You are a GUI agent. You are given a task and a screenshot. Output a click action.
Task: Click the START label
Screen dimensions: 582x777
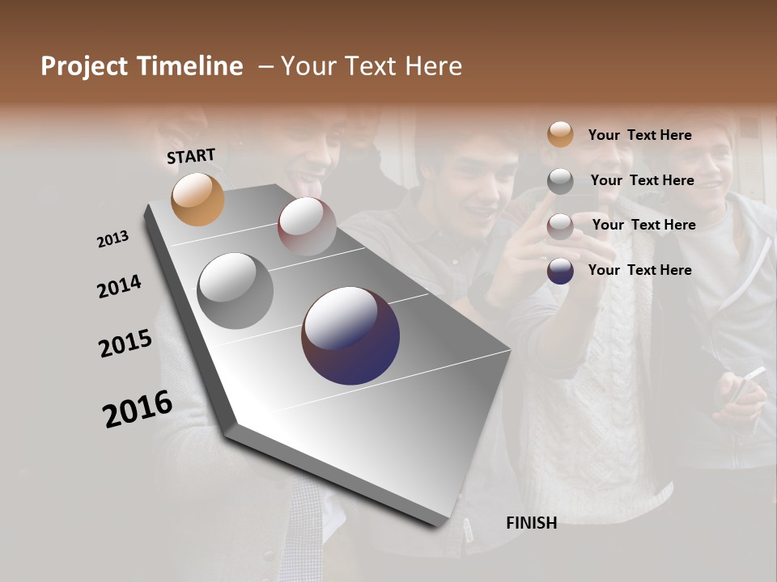click(191, 156)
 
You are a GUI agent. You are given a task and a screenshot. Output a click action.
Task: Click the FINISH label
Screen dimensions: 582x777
click(531, 523)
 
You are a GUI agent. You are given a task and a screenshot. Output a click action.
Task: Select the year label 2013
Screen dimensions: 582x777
click(113, 239)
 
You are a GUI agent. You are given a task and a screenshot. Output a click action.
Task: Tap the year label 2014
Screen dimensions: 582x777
click(119, 286)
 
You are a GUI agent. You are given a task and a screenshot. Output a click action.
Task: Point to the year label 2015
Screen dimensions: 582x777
click(125, 344)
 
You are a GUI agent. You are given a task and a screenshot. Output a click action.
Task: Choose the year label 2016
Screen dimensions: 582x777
click(138, 408)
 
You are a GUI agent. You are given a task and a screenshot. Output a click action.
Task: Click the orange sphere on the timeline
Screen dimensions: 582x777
click(197, 199)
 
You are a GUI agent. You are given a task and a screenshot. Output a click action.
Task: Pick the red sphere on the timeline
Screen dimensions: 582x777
click(307, 226)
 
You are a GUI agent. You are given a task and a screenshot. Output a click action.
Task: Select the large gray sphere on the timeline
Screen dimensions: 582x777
click(235, 290)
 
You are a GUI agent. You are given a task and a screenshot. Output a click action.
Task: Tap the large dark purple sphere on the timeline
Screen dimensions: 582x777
click(350, 335)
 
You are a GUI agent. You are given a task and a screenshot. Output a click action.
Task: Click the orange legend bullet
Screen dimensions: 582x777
click(560, 134)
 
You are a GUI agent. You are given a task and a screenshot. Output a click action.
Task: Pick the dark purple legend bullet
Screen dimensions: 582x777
click(560, 271)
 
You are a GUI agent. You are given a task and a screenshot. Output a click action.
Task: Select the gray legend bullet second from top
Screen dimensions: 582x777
click(560, 181)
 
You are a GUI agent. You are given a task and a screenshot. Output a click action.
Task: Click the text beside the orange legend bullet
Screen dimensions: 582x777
click(639, 135)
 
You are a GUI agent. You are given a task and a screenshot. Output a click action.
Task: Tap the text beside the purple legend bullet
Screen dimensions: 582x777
click(639, 270)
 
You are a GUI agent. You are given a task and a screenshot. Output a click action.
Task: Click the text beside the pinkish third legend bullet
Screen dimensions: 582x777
click(643, 225)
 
